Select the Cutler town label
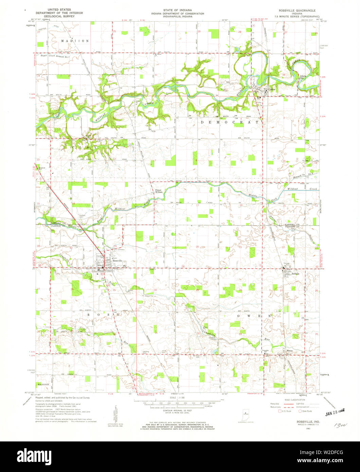[x=271, y=90]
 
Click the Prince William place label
[x=160, y=191]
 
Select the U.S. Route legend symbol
[x=280, y=411]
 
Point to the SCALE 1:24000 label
[x=178, y=398]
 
